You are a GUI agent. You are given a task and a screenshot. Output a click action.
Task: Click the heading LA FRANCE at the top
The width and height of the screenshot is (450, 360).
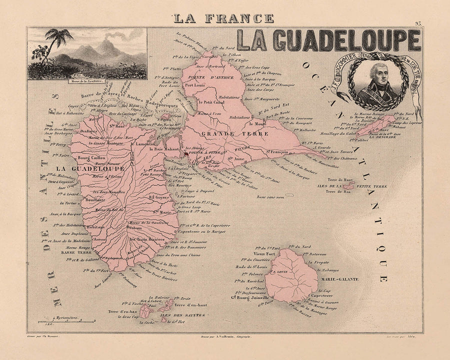tap(223, 19)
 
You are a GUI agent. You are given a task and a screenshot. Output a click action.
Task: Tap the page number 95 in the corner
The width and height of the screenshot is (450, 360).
tap(418, 23)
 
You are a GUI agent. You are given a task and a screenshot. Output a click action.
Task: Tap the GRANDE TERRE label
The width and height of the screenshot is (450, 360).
tap(235, 134)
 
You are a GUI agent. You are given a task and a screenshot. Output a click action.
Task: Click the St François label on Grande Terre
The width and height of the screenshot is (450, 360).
tap(281, 152)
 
